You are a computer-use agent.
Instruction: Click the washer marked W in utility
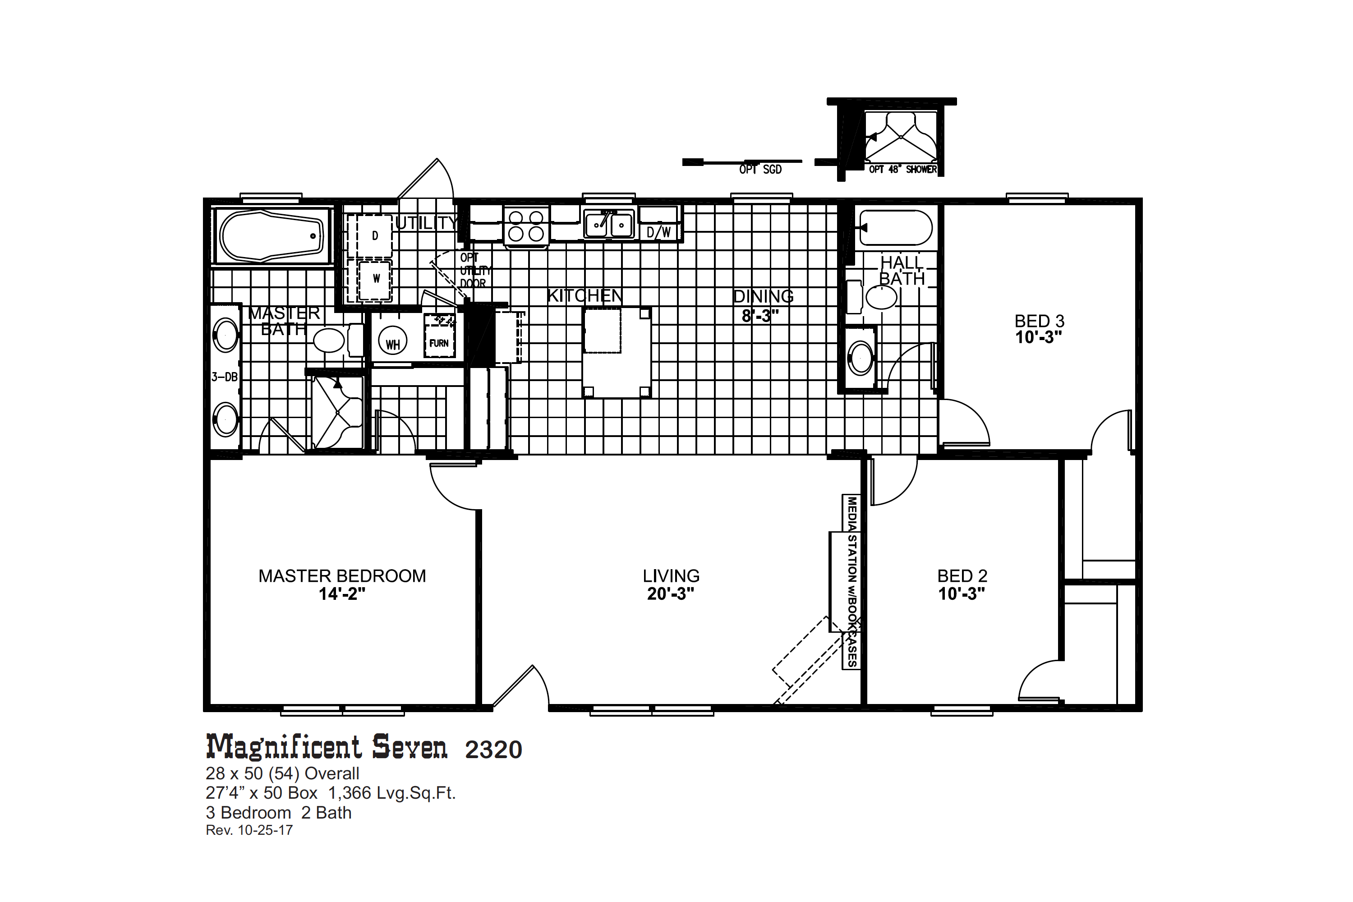tap(375, 280)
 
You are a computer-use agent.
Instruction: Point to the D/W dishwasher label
tap(658, 232)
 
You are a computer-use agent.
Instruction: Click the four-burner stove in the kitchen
tap(526, 226)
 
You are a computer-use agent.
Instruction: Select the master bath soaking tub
tap(272, 236)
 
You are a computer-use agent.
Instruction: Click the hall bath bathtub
tap(895, 228)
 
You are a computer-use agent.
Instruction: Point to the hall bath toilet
tap(873, 297)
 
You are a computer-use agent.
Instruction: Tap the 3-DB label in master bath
tap(224, 377)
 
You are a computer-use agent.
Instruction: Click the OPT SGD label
tap(760, 169)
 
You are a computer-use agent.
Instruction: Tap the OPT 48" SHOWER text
tap(902, 169)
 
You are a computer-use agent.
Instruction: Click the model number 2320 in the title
tap(493, 750)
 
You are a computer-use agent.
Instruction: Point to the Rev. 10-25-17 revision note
tap(249, 830)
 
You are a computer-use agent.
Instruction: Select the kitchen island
tap(617, 352)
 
